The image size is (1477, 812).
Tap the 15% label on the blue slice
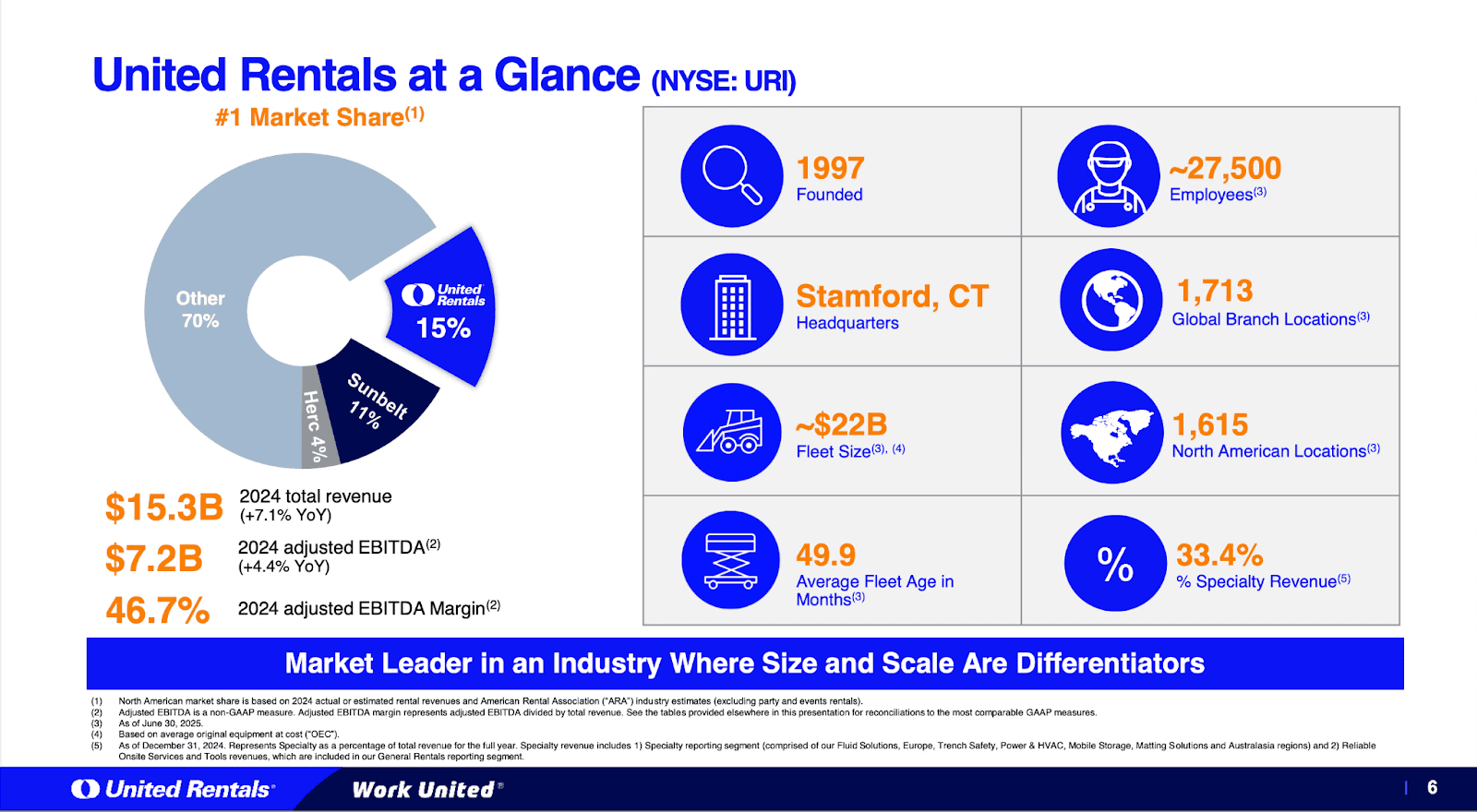point(443,328)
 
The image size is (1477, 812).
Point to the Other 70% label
point(200,310)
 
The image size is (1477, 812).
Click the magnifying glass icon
point(731,175)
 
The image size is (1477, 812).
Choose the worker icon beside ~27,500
point(1108,176)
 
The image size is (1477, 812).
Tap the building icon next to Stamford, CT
point(731,304)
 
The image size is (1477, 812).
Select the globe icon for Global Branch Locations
point(1111,300)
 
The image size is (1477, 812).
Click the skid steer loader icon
point(731,432)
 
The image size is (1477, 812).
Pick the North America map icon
point(1111,433)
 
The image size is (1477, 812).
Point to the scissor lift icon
point(730,560)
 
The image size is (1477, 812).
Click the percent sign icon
point(1115,564)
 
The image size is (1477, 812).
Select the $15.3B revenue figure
point(164,507)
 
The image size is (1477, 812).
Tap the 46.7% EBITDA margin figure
point(158,610)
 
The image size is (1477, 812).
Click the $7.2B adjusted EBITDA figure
point(154,558)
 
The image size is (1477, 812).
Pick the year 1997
point(830,168)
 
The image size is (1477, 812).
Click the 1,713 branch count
point(1214,291)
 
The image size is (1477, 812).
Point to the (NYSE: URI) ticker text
point(723,81)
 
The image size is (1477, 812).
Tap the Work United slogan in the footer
point(425,790)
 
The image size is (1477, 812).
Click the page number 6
point(1432,787)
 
